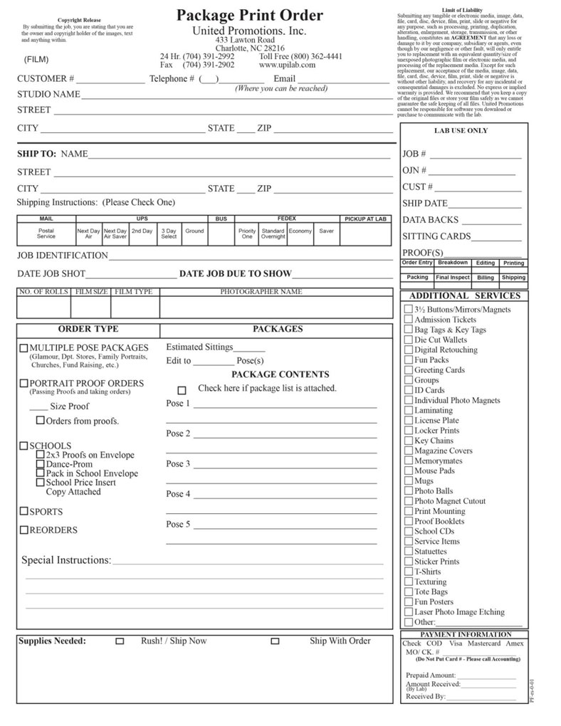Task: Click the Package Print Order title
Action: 249,15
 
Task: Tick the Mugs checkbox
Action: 409,481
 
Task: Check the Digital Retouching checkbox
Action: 409,350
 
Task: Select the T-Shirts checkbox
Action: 409,572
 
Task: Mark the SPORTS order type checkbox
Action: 23,511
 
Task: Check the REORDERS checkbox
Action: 23,530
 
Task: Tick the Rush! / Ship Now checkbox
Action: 120,641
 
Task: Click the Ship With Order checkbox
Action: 275,641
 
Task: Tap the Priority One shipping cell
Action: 247,233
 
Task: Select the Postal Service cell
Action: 46,233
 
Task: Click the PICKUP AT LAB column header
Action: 365,219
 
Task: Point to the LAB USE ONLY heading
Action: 461,131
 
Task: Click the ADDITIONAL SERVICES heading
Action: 465,295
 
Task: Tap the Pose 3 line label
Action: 178,464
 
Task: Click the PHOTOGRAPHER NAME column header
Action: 261,292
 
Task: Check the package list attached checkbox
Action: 182,390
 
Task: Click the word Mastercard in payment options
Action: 483,643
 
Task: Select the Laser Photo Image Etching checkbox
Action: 409,612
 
